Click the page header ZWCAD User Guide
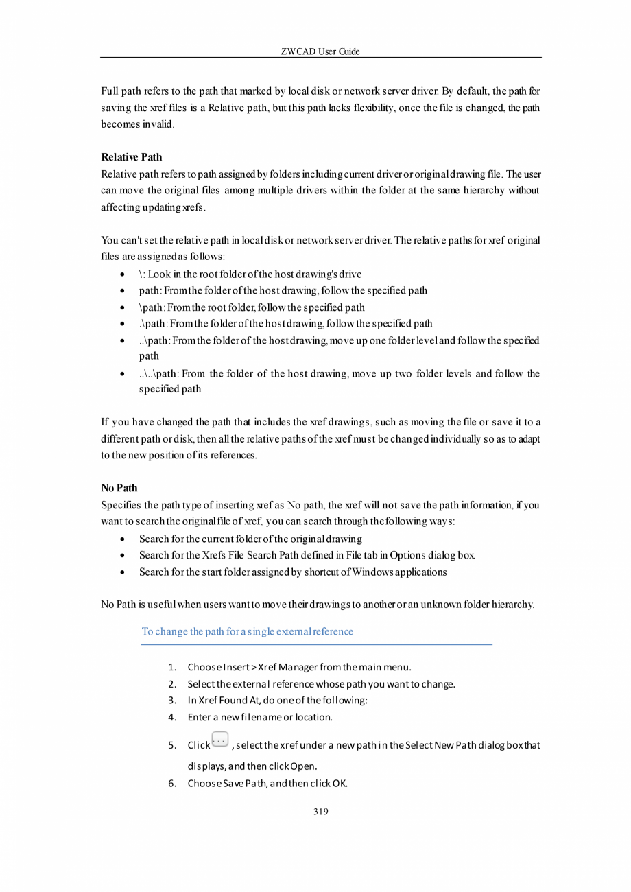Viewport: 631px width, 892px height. pyautogui.click(x=320, y=51)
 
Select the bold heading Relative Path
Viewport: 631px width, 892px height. pyautogui.click(x=131, y=157)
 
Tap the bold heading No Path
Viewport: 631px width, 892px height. pyautogui.click(x=119, y=488)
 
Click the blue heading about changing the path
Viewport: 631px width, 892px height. pyautogui.click(x=247, y=631)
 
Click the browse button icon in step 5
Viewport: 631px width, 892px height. pyautogui.click(x=220, y=740)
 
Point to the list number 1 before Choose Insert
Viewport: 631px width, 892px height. pyautogui.click(x=173, y=667)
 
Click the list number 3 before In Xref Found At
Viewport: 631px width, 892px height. pyautogui.click(x=173, y=701)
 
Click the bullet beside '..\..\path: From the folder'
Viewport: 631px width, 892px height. pyautogui.click(x=121, y=375)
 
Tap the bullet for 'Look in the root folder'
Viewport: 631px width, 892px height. pyautogui.click(x=121, y=274)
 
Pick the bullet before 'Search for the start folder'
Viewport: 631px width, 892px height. pyautogui.click(x=121, y=572)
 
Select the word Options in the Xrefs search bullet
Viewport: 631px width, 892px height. pyautogui.click(x=407, y=555)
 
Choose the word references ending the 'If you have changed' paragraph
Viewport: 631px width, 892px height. pyautogui.click(x=233, y=454)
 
